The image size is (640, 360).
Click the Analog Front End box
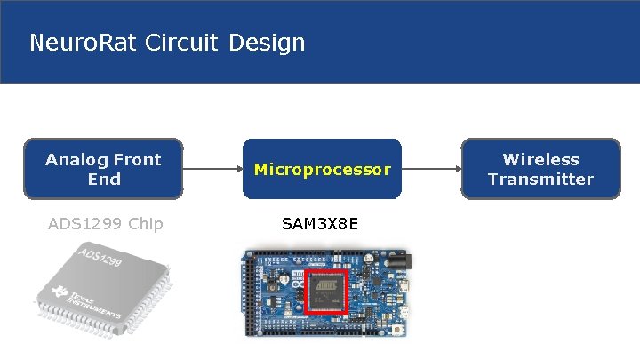tap(103, 169)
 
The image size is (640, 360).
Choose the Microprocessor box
tap(322, 169)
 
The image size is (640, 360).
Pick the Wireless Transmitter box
tap(540, 169)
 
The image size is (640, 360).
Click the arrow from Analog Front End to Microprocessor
tap(212, 168)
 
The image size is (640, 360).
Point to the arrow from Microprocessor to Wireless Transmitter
tap(431, 168)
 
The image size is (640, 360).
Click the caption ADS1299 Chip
tap(105, 223)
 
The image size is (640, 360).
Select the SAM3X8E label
tap(320, 223)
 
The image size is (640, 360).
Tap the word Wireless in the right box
tap(540, 160)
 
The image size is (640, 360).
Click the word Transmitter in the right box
tap(540, 179)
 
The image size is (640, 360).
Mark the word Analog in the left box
tap(75, 160)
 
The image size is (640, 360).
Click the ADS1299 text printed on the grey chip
tap(100, 261)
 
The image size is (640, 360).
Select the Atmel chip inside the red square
tap(326, 292)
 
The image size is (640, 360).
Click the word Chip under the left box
tap(145, 223)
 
